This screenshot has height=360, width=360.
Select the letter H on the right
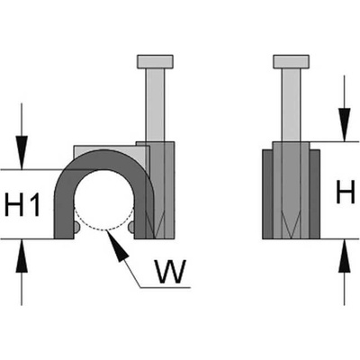(x=346, y=192)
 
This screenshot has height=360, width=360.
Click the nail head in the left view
(x=155, y=61)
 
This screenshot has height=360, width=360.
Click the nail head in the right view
(x=291, y=61)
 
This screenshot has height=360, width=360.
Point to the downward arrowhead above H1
(x=22, y=152)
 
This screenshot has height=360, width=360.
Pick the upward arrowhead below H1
(x=22, y=256)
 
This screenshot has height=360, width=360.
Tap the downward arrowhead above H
(x=345, y=124)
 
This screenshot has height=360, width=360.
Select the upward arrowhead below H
(x=345, y=256)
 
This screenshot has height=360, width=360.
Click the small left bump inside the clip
(x=76, y=228)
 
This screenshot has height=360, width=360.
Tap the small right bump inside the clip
(x=131, y=228)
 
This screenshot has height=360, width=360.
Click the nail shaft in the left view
(x=155, y=105)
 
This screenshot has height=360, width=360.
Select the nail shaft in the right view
(x=291, y=105)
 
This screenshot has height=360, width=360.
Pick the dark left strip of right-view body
(x=267, y=194)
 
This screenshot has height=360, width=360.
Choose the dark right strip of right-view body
(x=314, y=194)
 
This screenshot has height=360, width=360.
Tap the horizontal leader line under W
(x=166, y=287)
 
